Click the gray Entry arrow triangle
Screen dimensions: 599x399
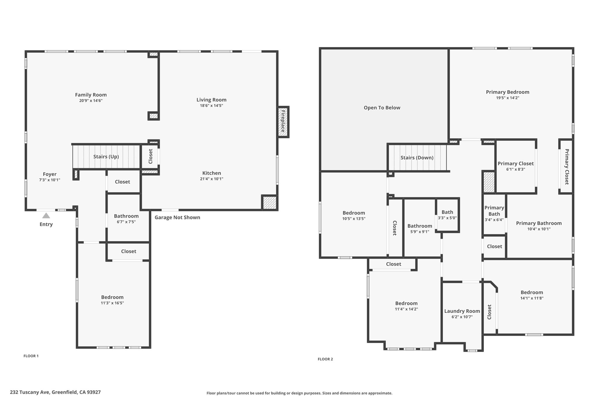46,216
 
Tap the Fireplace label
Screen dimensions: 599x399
283,121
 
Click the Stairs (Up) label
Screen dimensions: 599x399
106,157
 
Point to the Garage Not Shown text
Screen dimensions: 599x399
177,217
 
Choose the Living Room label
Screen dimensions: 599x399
211,100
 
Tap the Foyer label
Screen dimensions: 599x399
50,174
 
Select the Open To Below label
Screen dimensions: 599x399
382,108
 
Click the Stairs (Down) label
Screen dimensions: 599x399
417,158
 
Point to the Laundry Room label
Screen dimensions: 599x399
462,311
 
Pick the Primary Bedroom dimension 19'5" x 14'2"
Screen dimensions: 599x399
508,98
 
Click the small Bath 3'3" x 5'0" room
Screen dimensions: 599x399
447,215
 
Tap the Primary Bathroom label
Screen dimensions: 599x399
539,223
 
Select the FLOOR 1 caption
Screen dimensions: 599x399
31,356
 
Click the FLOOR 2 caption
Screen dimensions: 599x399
325,359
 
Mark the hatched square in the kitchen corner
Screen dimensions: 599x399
269,203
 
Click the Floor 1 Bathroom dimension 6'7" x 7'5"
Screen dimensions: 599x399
126,222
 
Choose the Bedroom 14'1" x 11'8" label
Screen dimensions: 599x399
532,293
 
